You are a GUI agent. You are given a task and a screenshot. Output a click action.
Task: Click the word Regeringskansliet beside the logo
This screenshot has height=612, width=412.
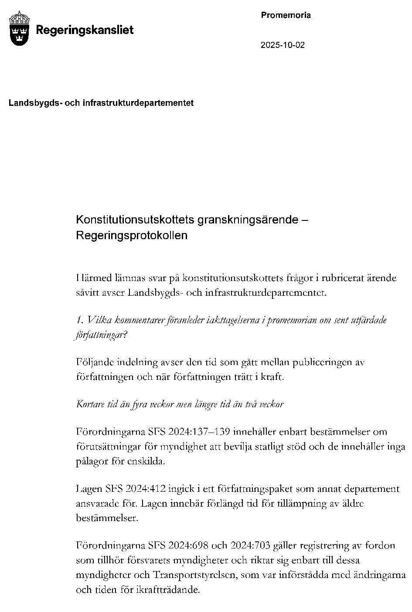pyautogui.click(x=85, y=30)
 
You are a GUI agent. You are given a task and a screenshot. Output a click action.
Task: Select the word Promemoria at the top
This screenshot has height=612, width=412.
pyautogui.click(x=286, y=15)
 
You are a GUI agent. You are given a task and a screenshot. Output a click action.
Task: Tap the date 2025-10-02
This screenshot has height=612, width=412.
pyautogui.click(x=283, y=45)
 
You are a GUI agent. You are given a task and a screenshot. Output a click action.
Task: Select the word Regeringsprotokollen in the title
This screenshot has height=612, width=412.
pyautogui.click(x=131, y=235)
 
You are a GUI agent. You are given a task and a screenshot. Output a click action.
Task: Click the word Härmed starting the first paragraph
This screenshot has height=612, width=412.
pyautogui.click(x=93, y=277)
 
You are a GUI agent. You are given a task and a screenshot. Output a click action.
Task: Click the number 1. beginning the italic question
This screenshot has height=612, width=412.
pyautogui.click(x=79, y=320)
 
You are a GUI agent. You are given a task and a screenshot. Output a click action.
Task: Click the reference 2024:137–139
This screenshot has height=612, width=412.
pyautogui.click(x=202, y=432)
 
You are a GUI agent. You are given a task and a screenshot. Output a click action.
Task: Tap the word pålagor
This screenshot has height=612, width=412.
pyautogui.click(x=92, y=461)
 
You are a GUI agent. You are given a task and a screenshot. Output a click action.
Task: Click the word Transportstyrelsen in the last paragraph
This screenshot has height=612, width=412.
pyautogui.click(x=194, y=575)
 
